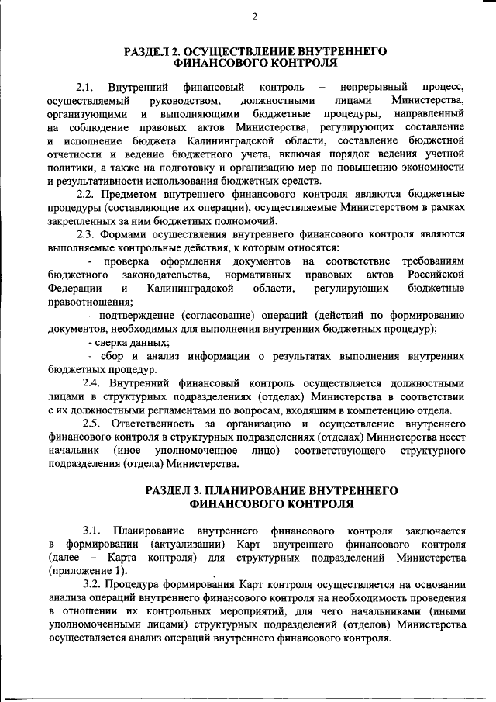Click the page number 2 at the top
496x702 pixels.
pyautogui.click(x=255, y=17)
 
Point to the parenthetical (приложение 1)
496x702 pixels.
pyautogui.click(x=82, y=571)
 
